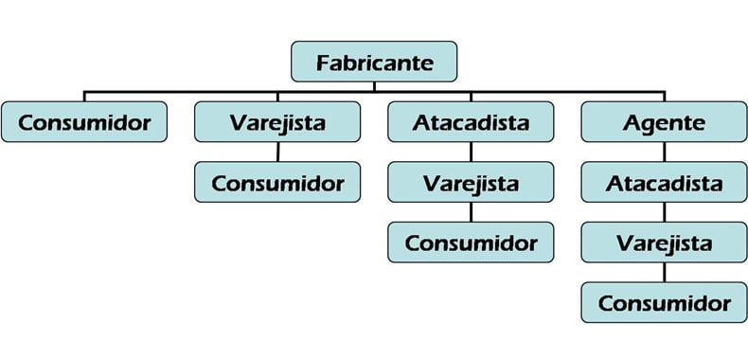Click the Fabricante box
[374, 63]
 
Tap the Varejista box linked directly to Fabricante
[276, 122]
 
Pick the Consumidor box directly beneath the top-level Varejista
[276, 182]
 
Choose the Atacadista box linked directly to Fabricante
[471, 122]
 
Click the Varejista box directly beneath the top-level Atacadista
[471, 182]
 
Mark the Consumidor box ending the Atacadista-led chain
[471, 242]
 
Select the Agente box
[664, 122]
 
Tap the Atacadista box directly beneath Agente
[664, 182]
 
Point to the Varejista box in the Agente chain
[664, 243]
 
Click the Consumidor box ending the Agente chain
[664, 302]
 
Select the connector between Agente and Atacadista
[664, 152]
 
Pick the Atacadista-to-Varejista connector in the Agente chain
[664, 212]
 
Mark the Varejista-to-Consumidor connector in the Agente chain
[664, 273]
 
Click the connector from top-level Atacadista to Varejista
[471, 152]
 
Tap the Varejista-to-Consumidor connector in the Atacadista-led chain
[471, 212]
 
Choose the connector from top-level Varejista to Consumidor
[276, 152]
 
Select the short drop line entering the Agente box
[664, 98]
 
